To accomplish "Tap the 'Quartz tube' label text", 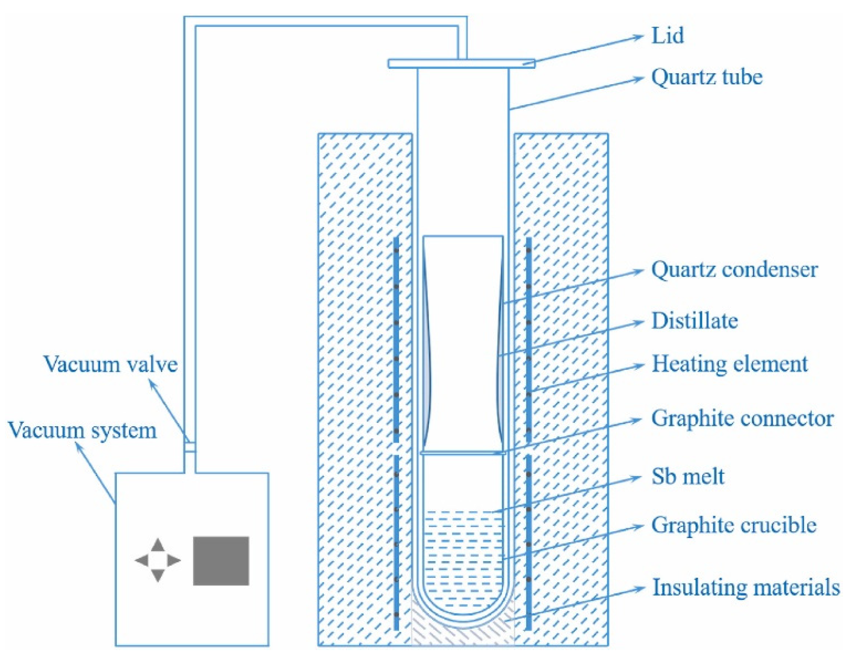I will [706, 77].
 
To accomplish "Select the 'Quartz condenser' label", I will [734, 270].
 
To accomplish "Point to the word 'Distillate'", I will [694, 321].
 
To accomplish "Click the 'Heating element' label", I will [729, 364].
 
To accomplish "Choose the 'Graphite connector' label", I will [742, 418].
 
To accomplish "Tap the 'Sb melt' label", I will [687, 476].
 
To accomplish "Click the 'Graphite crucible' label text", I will [733, 525].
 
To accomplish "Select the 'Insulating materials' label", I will [745, 588].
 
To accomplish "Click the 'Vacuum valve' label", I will [110, 364].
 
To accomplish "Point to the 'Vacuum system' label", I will [82, 430].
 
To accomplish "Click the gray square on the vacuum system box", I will [221, 561].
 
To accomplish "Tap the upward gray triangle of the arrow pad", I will [157, 545].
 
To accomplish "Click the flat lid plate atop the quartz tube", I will [461, 64].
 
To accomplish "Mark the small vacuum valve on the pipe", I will [190, 447].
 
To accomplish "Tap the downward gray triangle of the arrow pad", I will [157, 575].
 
